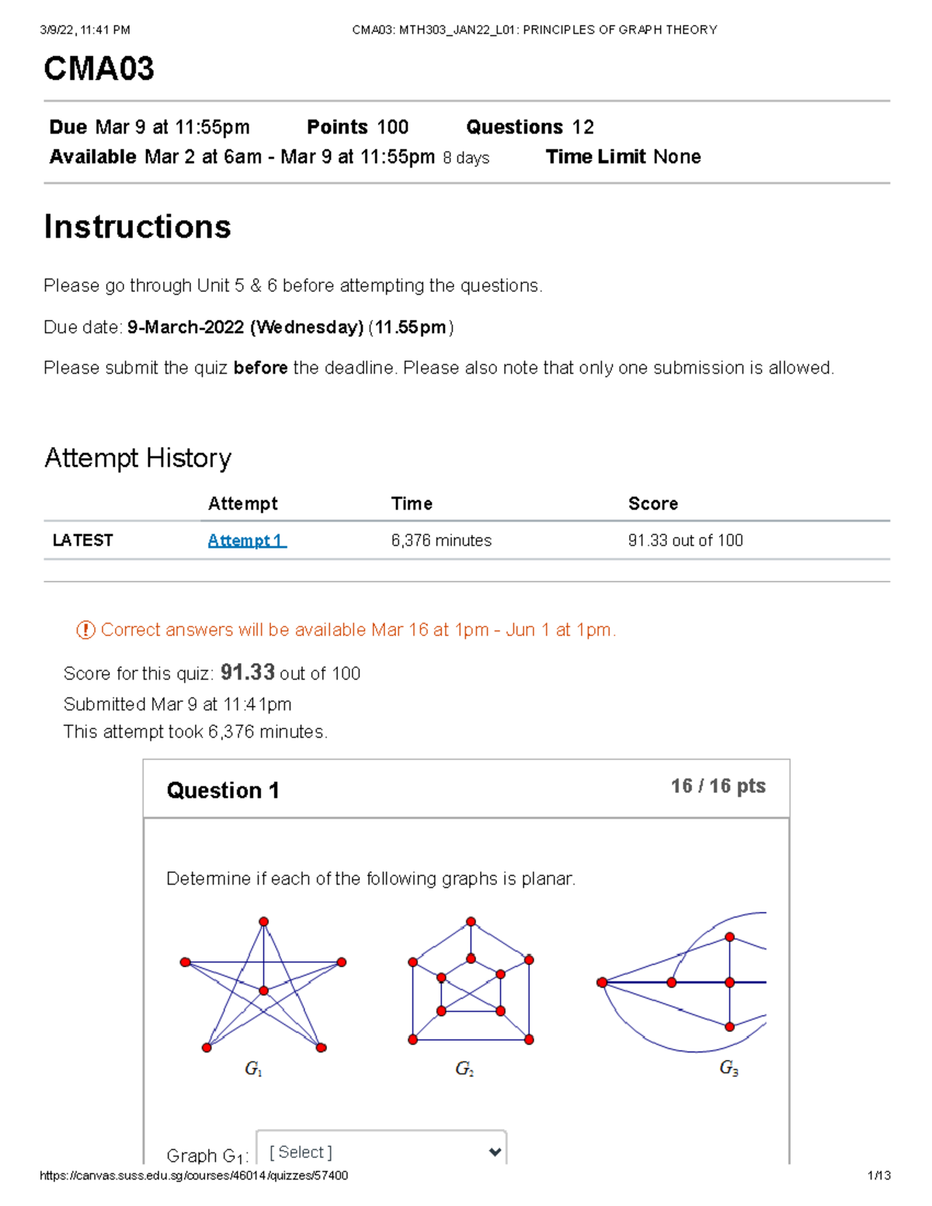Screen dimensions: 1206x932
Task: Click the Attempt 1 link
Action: tap(246, 540)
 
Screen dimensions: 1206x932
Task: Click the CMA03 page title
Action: tap(99, 69)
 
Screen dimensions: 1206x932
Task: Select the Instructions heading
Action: tap(137, 227)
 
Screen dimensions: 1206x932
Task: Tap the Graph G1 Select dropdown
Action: tap(381, 1152)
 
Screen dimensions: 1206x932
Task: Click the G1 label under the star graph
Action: tap(253, 1069)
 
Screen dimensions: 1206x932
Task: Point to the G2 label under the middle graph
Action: tap(464, 1069)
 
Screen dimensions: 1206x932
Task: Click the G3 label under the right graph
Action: tap(729, 1069)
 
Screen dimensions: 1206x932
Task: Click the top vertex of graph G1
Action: tap(264, 922)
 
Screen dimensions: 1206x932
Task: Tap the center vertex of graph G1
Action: tap(264, 991)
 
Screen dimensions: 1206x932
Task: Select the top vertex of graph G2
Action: tap(471, 922)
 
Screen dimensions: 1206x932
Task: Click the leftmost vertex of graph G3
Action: tap(602, 982)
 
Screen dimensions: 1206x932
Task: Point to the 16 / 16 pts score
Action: tap(718, 786)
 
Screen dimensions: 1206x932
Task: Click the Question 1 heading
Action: tap(222, 791)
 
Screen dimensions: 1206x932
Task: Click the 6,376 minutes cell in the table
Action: tap(441, 540)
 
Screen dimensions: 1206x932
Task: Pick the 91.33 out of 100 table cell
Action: tap(685, 540)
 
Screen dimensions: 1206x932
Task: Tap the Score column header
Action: tap(652, 504)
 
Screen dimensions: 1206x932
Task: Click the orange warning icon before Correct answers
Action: tap(85, 630)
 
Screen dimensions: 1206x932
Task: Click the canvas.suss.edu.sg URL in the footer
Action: tap(193, 1176)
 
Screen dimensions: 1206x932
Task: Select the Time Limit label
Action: tap(596, 157)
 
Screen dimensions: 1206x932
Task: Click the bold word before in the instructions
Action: tap(260, 368)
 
